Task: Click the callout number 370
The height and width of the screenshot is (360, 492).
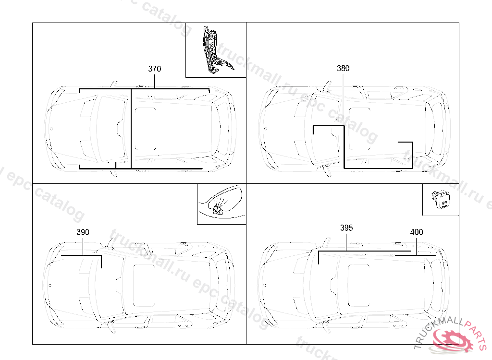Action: pos(154,69)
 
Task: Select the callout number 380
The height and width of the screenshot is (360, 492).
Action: pos(343,68)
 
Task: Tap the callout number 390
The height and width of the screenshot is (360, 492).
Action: pos(83,232)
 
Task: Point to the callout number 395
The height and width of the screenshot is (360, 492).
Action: pos(346,228)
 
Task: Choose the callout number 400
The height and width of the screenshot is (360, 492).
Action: pos(417,232)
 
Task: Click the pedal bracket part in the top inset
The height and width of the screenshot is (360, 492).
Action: pos(215,50)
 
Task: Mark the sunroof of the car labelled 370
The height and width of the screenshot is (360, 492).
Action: pos(145,129)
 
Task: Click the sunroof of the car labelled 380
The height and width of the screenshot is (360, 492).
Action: pos(359,129)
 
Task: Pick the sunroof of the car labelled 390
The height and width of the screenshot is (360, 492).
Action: pos(144,285)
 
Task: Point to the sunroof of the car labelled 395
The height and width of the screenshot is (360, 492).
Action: pos(358,285)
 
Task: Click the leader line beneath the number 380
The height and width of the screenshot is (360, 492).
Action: pos(343,99)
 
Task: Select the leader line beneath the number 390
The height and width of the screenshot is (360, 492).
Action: pos(83,246)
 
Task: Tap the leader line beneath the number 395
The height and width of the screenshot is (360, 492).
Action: pos(346,241)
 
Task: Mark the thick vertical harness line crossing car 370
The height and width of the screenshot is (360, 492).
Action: pos(131,129)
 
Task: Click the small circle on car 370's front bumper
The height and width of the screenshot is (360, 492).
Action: pos(51,129)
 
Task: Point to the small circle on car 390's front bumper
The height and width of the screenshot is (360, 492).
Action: pos(49,286)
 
